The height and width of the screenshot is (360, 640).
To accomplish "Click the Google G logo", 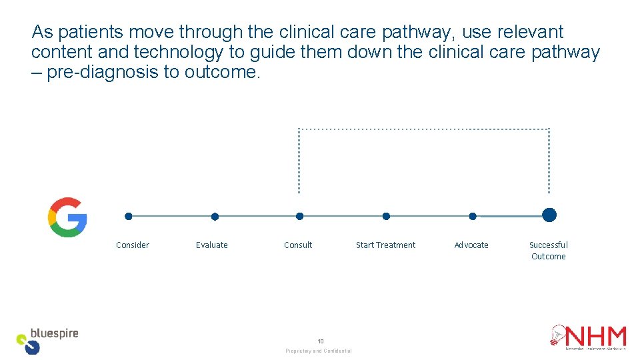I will [67, 217].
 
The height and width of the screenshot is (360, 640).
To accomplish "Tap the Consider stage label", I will [133, 245].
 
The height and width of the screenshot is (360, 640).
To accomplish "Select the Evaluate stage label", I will [212, 245].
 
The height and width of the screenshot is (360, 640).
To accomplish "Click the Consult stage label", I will [298, 245].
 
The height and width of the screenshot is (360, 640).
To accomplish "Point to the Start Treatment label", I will [385, 245].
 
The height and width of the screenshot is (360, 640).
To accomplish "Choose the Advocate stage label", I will [471, 245].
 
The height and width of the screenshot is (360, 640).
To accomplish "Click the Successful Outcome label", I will [548, 251].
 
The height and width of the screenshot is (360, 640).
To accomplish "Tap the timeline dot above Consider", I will [129, 216].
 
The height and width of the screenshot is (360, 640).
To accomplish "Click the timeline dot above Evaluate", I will [215, 217].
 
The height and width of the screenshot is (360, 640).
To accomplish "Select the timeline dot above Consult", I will [299, 216].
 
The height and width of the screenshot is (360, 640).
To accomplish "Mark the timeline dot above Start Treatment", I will [386, 216].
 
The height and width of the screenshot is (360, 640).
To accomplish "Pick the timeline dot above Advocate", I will [473, 216].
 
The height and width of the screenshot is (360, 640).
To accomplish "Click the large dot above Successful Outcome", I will [549, 215].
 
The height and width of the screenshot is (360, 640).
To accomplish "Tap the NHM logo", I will [588, 337].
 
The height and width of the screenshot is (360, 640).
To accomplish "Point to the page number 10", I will [320, 341].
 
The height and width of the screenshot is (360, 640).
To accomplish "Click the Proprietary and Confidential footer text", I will [319, 351].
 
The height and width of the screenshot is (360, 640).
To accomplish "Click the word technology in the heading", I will [179, 52].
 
